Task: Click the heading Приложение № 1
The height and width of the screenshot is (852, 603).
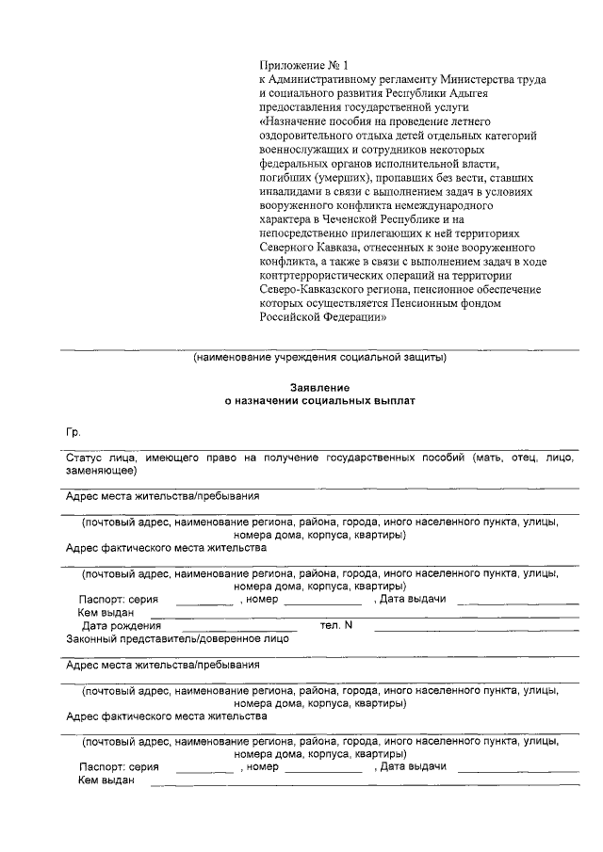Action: point(303,66)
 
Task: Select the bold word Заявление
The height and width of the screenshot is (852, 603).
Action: point(319,388)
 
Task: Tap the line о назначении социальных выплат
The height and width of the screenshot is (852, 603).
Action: point(319,401)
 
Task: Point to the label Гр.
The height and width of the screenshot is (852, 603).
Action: point(73,432)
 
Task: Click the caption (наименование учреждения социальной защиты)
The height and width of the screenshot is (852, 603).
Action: point(319,358)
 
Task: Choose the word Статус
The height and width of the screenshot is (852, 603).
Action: point(85,457)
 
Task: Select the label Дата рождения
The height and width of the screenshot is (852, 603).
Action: point(121,625)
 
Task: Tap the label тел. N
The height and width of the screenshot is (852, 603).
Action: point(335,625)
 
